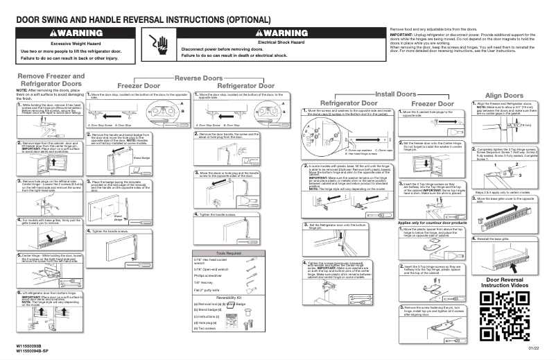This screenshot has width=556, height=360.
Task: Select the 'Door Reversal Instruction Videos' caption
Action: [505, 282]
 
